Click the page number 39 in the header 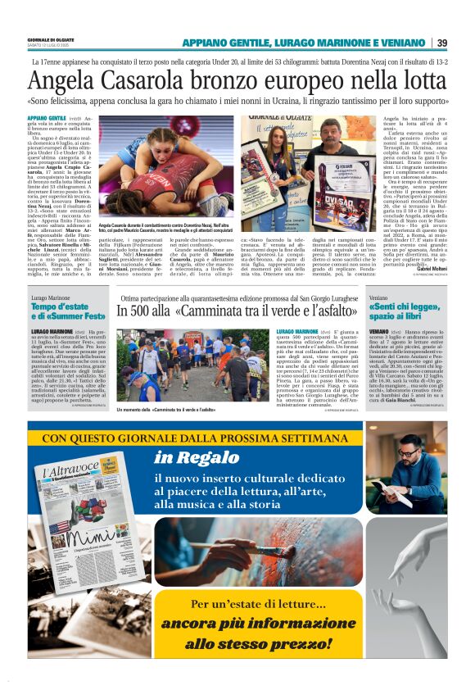click(441, 43)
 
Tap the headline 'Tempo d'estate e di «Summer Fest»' click(69, 311)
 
